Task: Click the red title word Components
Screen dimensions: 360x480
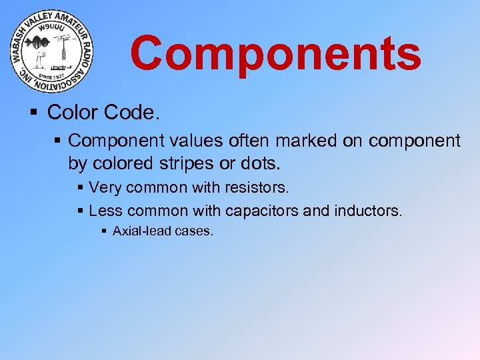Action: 275,54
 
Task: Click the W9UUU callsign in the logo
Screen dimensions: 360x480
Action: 51,29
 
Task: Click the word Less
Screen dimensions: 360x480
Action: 105,211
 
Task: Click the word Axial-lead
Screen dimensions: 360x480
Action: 142,232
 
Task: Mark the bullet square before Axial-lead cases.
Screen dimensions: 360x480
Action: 103,232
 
